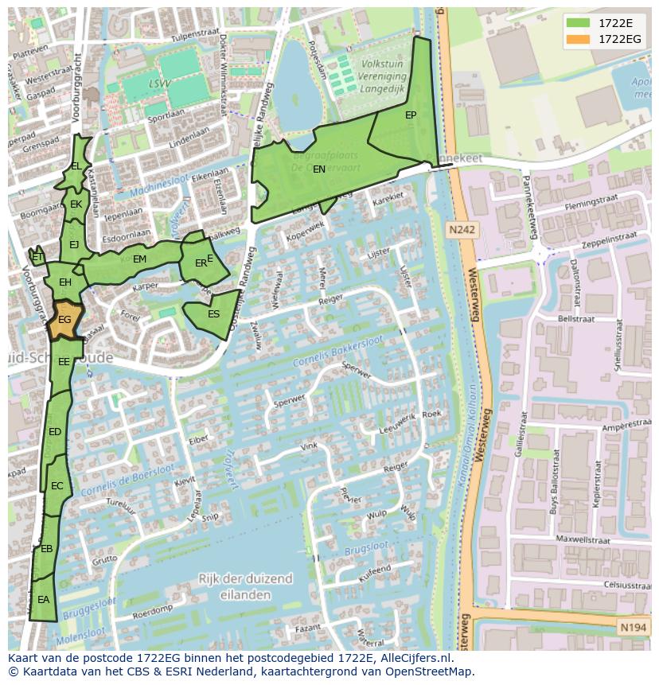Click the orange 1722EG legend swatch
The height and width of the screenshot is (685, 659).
(579, 39)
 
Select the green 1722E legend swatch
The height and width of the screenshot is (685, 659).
(579, 22)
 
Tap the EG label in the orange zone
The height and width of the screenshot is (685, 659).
(65, 320)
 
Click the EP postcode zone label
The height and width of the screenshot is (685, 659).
(411, 115)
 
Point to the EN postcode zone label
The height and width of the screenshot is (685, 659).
(319, 169)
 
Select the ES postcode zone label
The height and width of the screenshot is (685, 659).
(213, 314)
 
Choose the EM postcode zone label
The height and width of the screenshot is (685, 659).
(139, 259)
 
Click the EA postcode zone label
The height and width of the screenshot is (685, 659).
(43, 600)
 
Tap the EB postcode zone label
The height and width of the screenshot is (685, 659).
(46, 549)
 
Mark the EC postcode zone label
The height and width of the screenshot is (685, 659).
(57, 486)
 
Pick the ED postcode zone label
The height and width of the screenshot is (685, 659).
(55, 432)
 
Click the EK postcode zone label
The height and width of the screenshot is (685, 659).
(76, 204)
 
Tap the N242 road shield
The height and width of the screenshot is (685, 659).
(461, 230)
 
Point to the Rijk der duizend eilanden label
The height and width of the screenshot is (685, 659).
(245, 586)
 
